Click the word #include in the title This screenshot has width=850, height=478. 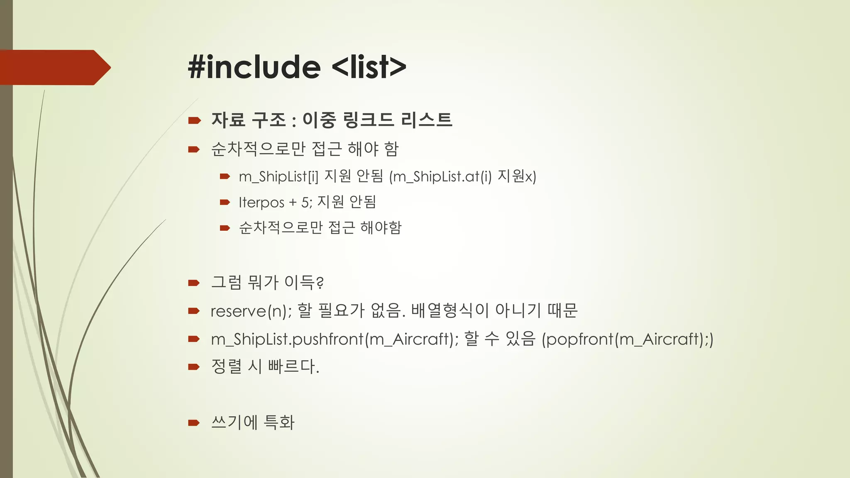click(x=254, y=67)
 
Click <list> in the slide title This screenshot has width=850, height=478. click(x=369, y=67)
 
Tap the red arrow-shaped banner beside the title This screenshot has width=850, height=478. click(x=54, y=68)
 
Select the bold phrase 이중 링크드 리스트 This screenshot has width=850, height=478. click(x=377, y=120)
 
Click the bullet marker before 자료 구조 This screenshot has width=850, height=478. click(x=194, y=121)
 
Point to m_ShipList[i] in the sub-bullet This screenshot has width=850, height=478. click(x=278, y=177)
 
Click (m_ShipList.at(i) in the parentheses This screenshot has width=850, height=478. click(x=440, y=177)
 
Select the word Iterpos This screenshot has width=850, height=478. click(x=261, y=202)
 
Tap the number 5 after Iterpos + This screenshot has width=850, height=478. click(x=305, y=202)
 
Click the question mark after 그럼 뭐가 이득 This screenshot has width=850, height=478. click(x=320, y=283)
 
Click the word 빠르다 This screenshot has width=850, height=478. click(x=293, y=366)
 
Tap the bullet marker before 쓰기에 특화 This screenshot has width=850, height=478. click(x=194, y=423)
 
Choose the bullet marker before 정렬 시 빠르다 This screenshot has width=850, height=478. click(x=194, y=367)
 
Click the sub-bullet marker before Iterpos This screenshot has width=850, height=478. click(x=225, y=202)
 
